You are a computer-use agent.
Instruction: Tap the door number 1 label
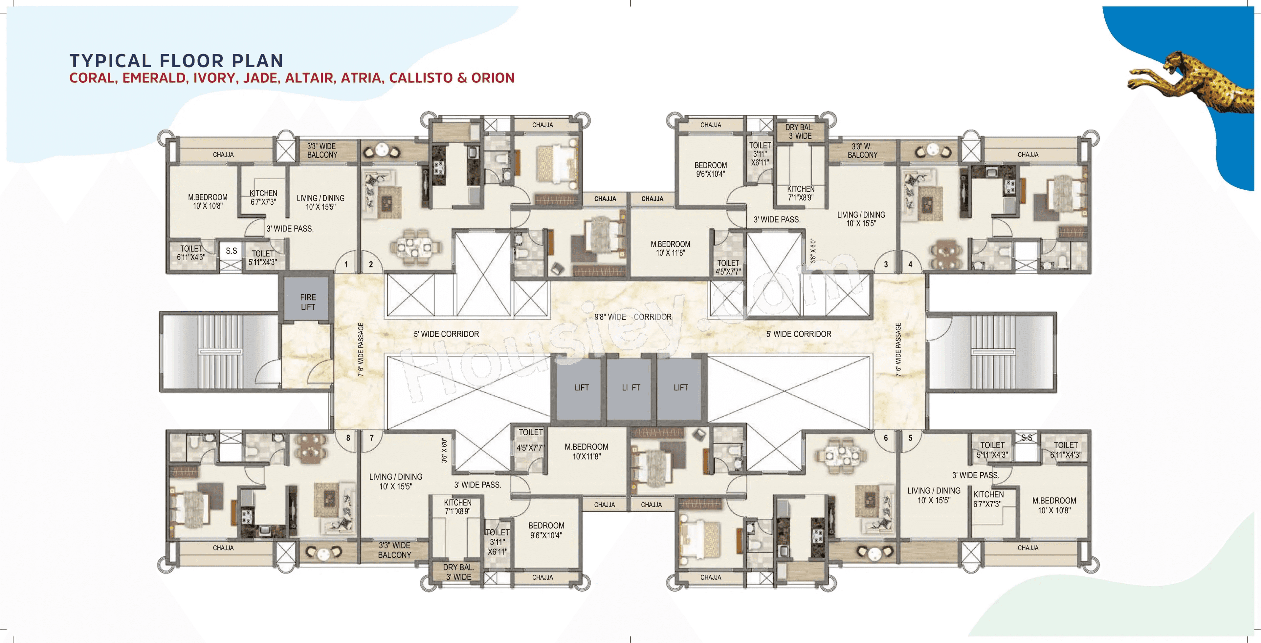click(346, 264)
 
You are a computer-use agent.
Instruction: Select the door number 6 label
click(886, 438)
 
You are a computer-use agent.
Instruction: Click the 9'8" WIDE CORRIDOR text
click(632, 317)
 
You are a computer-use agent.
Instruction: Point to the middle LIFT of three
click(630, 387)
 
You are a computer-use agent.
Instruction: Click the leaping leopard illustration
click(1194, 83)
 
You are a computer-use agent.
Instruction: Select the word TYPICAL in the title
click(111, 61)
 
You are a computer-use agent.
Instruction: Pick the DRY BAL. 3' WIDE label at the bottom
click(458, 571)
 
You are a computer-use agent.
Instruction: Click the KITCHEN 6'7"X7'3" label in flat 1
click(263, 197)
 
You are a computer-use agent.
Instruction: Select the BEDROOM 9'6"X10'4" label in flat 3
click(710, 169)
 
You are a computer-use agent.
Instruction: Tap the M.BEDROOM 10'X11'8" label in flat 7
click(586, 451)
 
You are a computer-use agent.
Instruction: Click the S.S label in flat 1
click(231, 251)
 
